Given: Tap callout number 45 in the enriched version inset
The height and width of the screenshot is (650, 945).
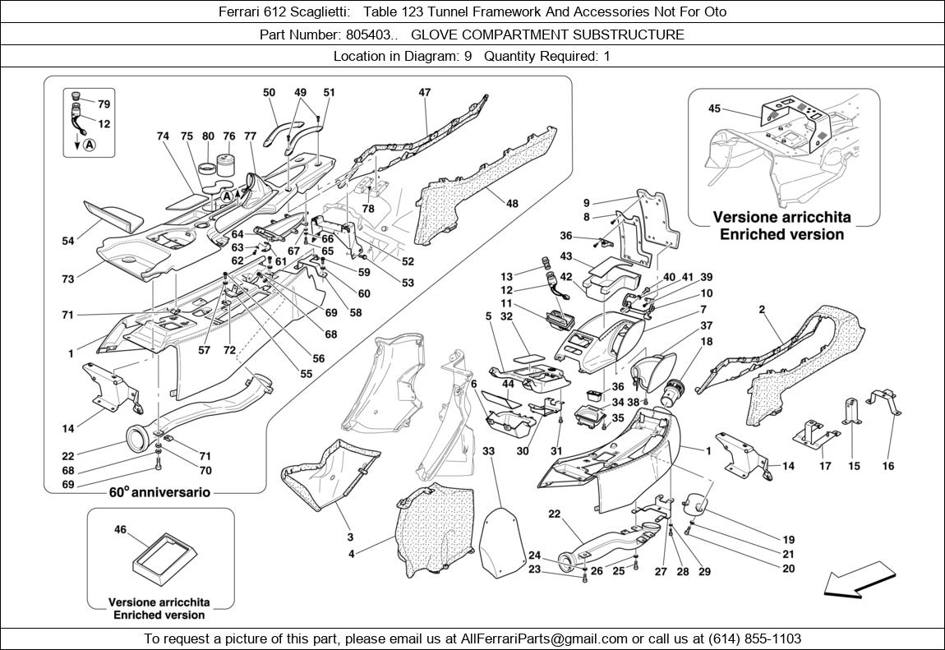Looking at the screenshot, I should click(714, 108).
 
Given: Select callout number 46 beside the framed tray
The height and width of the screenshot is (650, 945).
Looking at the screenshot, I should click(120, 531).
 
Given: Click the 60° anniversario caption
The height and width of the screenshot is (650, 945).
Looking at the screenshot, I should click(159, 493).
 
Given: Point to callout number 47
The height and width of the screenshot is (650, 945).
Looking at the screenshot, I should click(424, 93).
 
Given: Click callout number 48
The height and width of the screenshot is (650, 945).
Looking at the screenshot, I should click(512, 203).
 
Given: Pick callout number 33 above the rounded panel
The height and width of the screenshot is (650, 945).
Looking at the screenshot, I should click(488, 451).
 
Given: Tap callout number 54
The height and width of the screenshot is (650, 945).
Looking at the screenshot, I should click(68, 242).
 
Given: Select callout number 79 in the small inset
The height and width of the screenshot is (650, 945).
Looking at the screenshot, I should click(104, 104).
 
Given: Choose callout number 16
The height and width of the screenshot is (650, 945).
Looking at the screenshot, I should click(888, 466).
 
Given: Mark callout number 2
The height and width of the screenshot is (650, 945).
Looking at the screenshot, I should click(763, 310).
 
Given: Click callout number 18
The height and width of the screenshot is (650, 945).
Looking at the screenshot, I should click(707, 341).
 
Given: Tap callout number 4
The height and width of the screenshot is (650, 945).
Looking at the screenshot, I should click(352, 554).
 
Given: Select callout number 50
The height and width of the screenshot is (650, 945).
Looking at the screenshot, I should click(269, 93).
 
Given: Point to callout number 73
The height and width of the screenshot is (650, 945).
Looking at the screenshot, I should click(68, 279).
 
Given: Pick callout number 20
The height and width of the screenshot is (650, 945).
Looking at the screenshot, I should click(788, 569).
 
